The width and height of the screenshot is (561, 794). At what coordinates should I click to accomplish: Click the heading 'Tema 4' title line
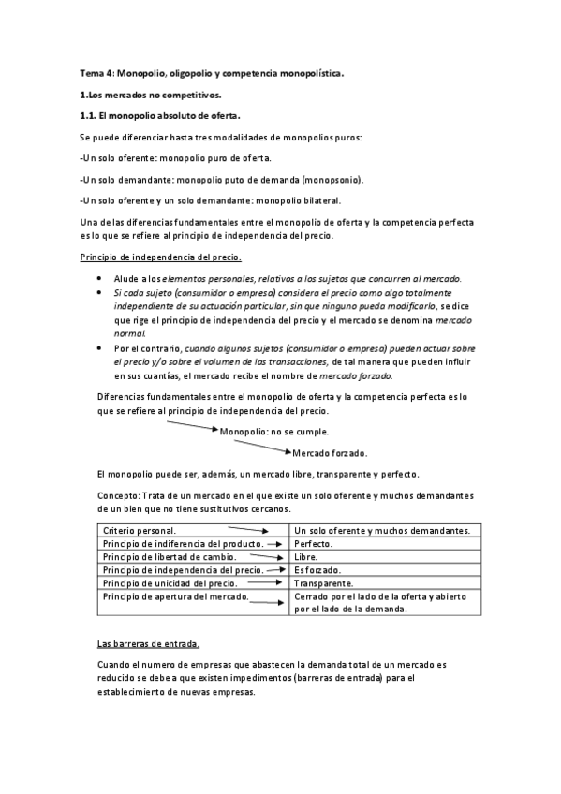point(212,73)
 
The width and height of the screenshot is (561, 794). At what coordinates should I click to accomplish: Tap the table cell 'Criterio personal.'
point(140,531)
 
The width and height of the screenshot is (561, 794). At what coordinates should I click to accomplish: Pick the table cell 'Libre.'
point(306,556)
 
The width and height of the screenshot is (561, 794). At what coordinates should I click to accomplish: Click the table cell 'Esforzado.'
point(317,569)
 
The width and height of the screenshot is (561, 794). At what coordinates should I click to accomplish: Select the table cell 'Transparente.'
point(323,582)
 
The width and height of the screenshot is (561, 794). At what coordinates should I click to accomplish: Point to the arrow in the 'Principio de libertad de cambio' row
point(263,556)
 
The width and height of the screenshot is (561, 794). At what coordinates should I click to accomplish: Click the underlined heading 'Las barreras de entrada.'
point(148,644)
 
